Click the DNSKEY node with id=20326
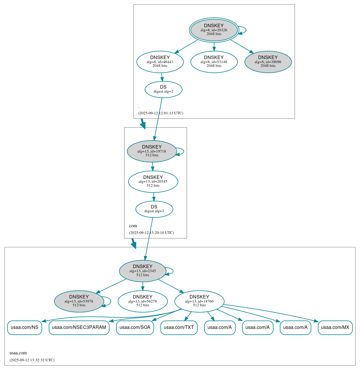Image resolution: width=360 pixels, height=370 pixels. click(214, 30)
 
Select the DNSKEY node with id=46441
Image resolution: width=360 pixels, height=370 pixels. click(160, 62)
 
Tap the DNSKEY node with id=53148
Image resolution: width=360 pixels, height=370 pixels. click(214, 62)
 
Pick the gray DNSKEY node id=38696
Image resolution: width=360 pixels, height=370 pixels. click(268, 62)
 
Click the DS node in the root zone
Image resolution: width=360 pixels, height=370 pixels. click(164, 89)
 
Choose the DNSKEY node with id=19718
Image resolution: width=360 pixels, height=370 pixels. click(152, 151)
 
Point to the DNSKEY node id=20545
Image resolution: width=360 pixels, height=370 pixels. click(153, 182)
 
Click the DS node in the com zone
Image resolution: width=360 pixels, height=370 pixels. click(154, 209)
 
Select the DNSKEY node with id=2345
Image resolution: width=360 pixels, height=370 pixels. click(143, 271)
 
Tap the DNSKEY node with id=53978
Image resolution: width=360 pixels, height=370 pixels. click(79, 301)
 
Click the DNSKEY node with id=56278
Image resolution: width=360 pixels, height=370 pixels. click(143, 301)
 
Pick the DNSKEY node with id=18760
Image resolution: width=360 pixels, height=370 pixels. click(199, 301)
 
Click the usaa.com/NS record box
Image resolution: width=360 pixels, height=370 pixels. click(25, 327)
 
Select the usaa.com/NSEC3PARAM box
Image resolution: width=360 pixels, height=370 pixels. click(79, 327)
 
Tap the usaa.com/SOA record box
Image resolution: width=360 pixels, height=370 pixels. click(135, 327)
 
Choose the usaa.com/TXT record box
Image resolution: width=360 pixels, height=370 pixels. click(179, 327)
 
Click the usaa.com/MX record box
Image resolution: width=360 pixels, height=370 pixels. click(335, 327)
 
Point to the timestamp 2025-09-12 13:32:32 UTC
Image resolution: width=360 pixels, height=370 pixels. click(32, 360)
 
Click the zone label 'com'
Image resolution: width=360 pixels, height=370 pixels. click(133, 226)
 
